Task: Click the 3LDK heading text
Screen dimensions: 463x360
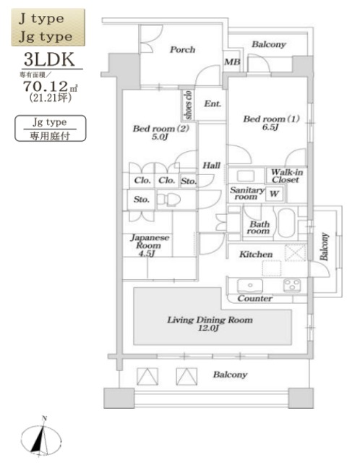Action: [47, 59]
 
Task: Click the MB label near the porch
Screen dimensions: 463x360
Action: [233, 62]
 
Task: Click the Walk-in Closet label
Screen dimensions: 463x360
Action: [286, 177]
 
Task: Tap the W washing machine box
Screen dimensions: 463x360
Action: [274, 193]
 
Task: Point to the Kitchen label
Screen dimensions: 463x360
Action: [256, 255]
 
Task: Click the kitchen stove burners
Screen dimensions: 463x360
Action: [291, 284]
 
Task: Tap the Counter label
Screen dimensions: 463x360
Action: [254, 299]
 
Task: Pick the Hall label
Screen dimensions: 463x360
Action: [211, 166]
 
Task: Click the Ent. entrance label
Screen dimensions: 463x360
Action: [212, 104]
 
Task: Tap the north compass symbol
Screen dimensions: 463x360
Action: [45, 438]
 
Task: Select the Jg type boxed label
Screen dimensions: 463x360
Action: [51, 123]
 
